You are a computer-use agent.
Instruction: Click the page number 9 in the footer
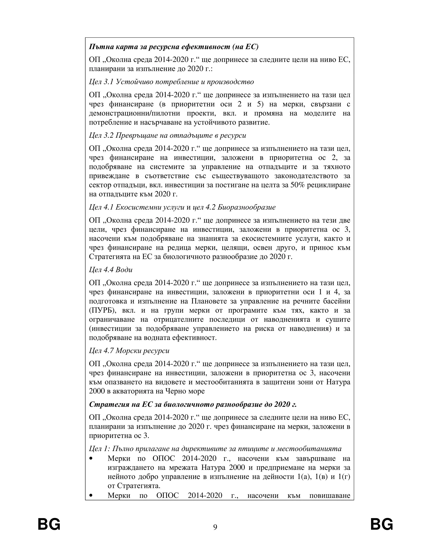(x=215, y=527)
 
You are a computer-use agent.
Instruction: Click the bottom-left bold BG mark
(x=49, y=524)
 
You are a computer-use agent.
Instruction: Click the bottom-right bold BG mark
(x=382, y=524)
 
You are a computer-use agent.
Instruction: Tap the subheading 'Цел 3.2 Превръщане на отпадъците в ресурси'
(x=168, y=135)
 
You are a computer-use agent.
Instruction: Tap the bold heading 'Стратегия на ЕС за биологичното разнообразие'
(x=193, y=404)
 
